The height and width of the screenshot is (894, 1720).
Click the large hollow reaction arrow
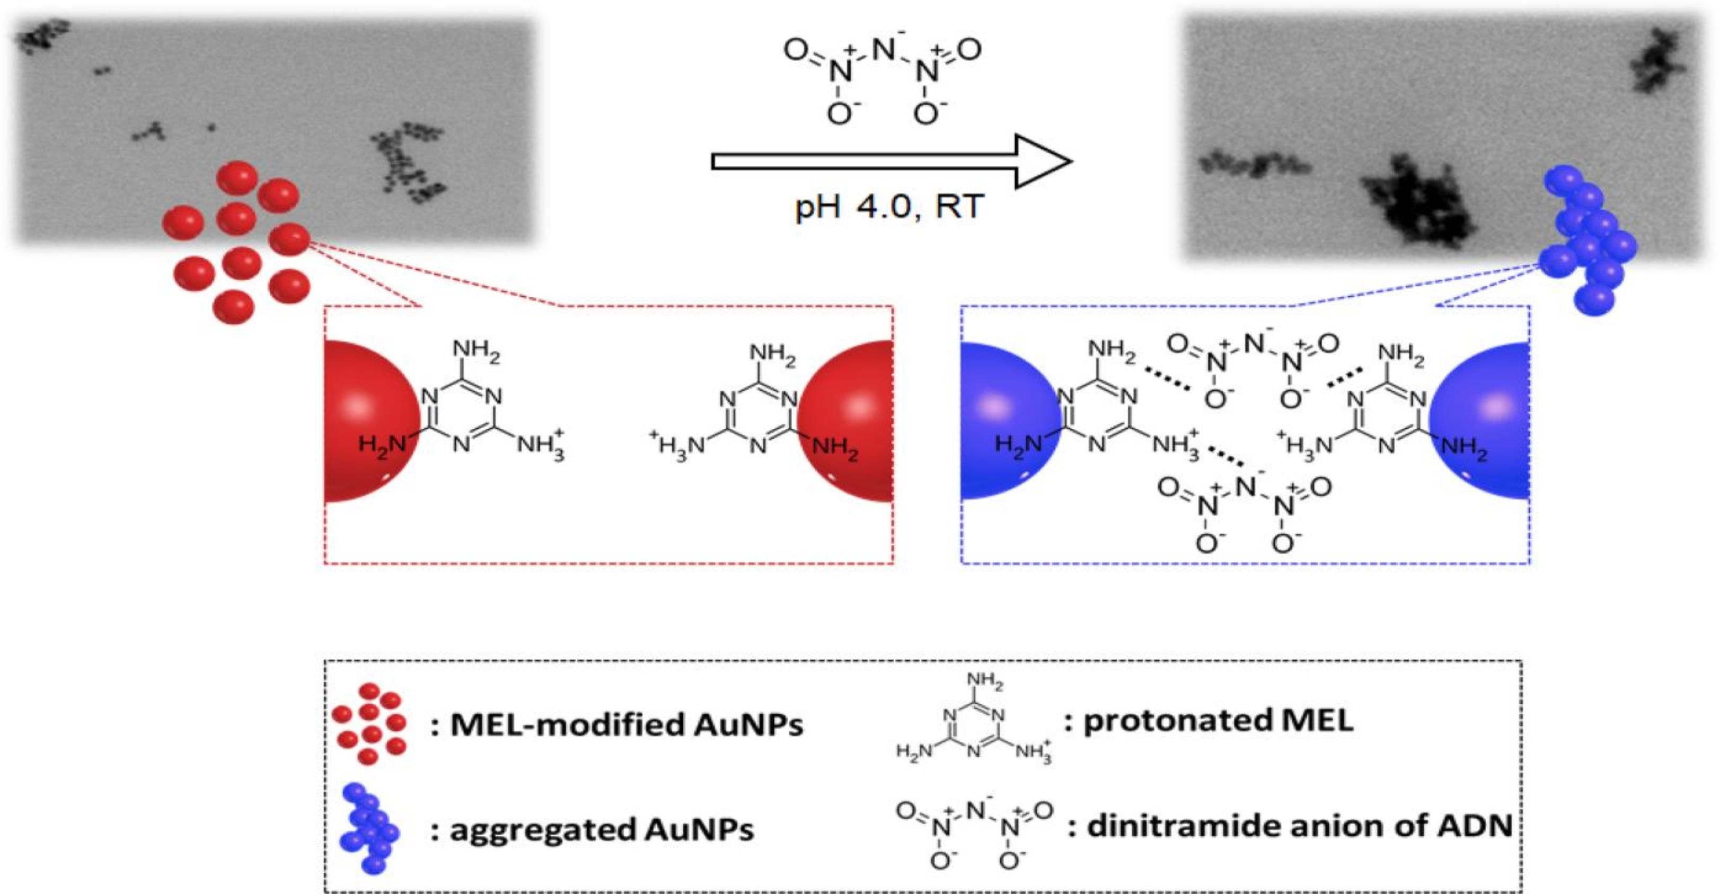(892, 162)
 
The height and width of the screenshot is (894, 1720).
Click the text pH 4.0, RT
(889, 207)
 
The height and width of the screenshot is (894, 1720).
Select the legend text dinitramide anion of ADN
(1299, 826)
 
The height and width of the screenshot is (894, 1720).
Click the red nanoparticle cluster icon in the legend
(369, 723)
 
